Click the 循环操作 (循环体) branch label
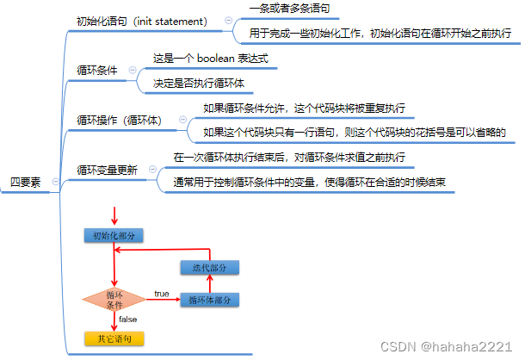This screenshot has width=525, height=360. point(119,121)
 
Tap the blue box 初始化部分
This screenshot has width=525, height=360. point(113,235)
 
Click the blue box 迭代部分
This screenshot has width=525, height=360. point(208,269)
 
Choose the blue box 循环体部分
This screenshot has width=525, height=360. point(208,300)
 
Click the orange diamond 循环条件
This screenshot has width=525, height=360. point(113,300)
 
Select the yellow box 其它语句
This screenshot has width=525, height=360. point(113,338)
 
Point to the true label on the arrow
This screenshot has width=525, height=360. point(161,294)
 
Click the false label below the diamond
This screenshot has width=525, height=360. point(127,320)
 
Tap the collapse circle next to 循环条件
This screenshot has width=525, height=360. point(132,71)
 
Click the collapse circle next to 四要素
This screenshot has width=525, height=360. point(55,181)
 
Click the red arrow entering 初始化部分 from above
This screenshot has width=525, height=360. point(113,214)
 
